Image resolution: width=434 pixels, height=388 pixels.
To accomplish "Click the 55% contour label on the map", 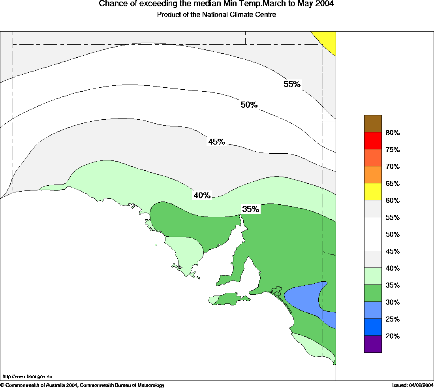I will click(292, 84).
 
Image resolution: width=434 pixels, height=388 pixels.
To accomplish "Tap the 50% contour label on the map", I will click(249, 105).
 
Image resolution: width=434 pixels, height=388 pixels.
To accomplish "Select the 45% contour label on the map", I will click(216, 142).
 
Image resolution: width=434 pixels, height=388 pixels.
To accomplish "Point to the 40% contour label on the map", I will click(202, 195).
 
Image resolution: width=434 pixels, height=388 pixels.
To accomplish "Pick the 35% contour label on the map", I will click(251, 209).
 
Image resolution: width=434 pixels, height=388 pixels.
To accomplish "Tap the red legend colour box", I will click(373, 141).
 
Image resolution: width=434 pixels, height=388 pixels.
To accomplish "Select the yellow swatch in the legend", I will click(373, 192).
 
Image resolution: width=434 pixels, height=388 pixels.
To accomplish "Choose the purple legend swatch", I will click(373, 344).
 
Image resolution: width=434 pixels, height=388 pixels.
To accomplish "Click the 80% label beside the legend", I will click(393, 133).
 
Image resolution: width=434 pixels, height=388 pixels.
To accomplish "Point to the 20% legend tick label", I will click(393, 336).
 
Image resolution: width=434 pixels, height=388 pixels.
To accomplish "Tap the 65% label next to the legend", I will click(393, 184).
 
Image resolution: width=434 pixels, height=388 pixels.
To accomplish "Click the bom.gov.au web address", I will click(27, 377).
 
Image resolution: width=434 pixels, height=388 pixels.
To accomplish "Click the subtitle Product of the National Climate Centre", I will click(216, 15).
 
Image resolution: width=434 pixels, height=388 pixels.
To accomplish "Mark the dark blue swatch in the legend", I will click(373, 327).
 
